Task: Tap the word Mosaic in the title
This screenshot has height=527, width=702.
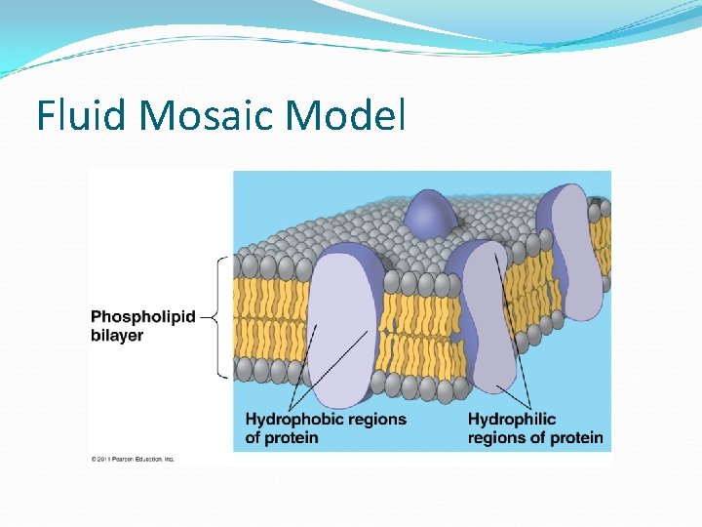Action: (209, 115)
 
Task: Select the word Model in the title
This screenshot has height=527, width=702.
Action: (345, 115)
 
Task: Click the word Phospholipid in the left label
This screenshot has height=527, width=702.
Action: (142, 317)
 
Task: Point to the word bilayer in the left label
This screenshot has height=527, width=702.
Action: (117, 336)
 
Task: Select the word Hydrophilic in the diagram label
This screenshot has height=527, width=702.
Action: (512, 419)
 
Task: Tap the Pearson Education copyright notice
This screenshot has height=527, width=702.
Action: (133, 459)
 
